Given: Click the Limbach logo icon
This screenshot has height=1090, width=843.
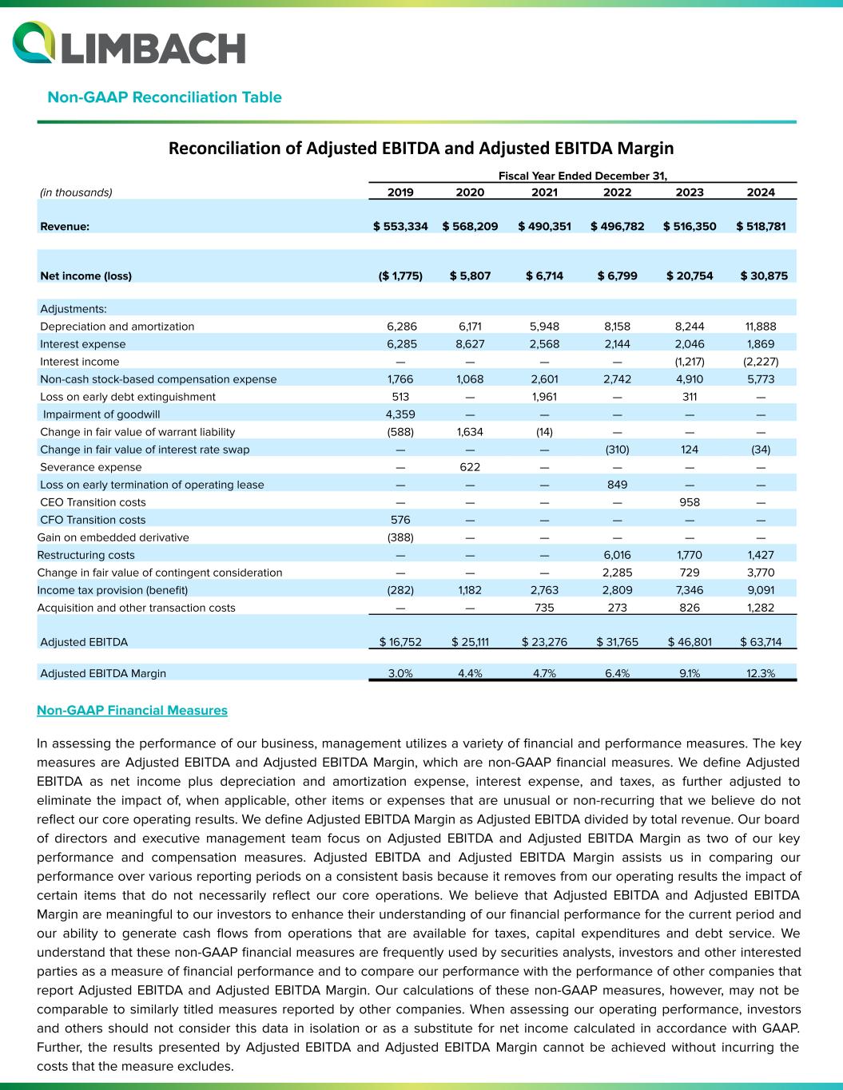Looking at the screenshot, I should click(x=34, y=43).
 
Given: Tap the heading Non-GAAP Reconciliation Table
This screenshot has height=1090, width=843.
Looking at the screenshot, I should click(x=165, y=97).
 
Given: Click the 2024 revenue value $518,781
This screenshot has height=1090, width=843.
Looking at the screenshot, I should click(x=760, y=226).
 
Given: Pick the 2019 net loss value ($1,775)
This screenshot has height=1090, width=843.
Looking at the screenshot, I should click(x=400, y=276).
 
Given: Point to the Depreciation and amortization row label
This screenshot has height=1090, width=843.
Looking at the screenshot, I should click(x=117, y=327).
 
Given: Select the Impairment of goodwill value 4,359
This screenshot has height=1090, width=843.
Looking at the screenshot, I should click(x=400, y=414).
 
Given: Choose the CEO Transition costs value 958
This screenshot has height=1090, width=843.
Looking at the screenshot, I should click(x=689, y=502).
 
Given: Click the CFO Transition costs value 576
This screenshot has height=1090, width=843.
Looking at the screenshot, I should click(x=400, y=520).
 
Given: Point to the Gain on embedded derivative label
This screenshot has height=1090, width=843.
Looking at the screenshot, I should click(x=113, y=537).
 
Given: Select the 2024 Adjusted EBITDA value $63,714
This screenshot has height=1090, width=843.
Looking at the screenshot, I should click(x=760, y=642).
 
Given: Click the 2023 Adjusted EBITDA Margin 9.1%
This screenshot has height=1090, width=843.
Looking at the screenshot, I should click(x=689, y=673).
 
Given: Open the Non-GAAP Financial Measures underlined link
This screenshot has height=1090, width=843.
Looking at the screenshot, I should click(x=132, y=710).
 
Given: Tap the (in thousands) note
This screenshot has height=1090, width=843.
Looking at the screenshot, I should click(x=76, y=192).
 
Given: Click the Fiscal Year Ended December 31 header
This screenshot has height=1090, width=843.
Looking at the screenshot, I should click(x=583, y=175).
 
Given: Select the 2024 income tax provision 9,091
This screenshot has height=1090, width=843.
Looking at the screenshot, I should click(x=760, y=590).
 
